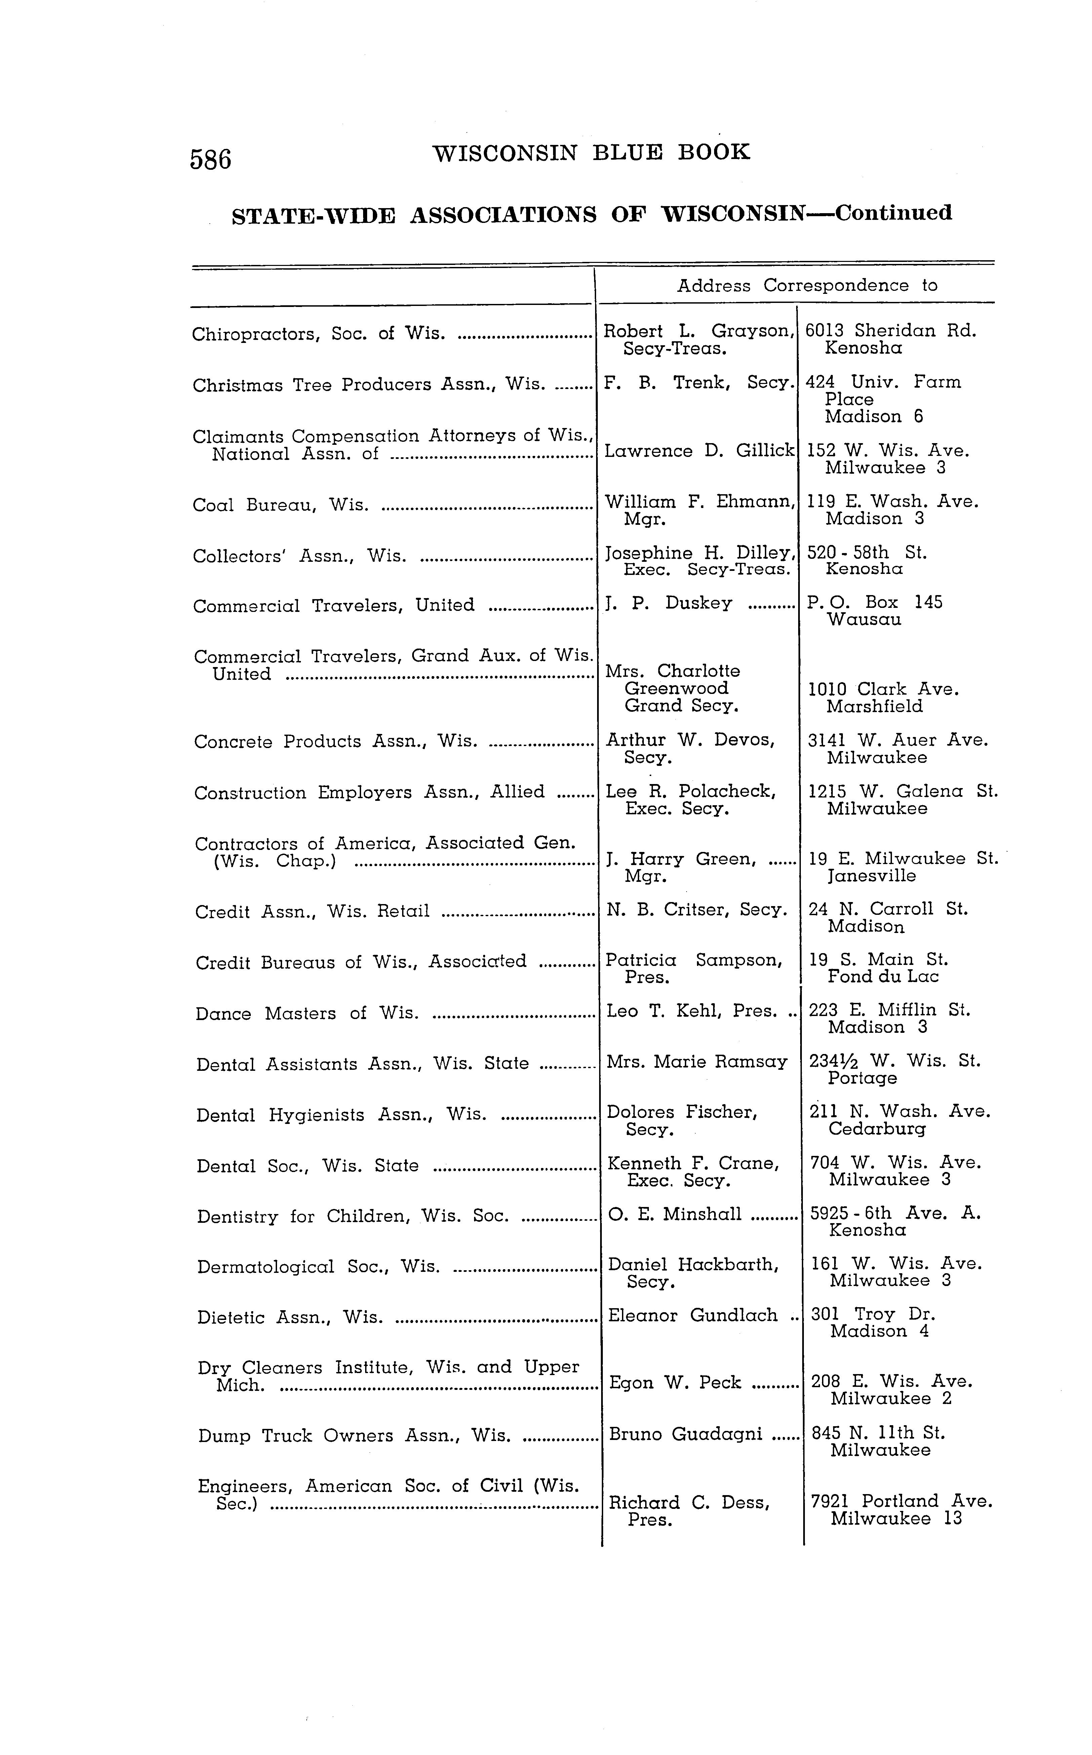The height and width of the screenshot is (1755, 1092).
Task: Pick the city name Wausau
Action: pyautogui.click(x=864, y=620)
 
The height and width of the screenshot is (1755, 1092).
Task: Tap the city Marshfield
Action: pyautogui.click(x=874, y=706)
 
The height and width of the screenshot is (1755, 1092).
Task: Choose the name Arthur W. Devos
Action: pyautogui.click(x=690, y=740)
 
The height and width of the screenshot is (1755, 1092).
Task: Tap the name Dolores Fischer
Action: pyautogui.click(x=682, y=1112)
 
